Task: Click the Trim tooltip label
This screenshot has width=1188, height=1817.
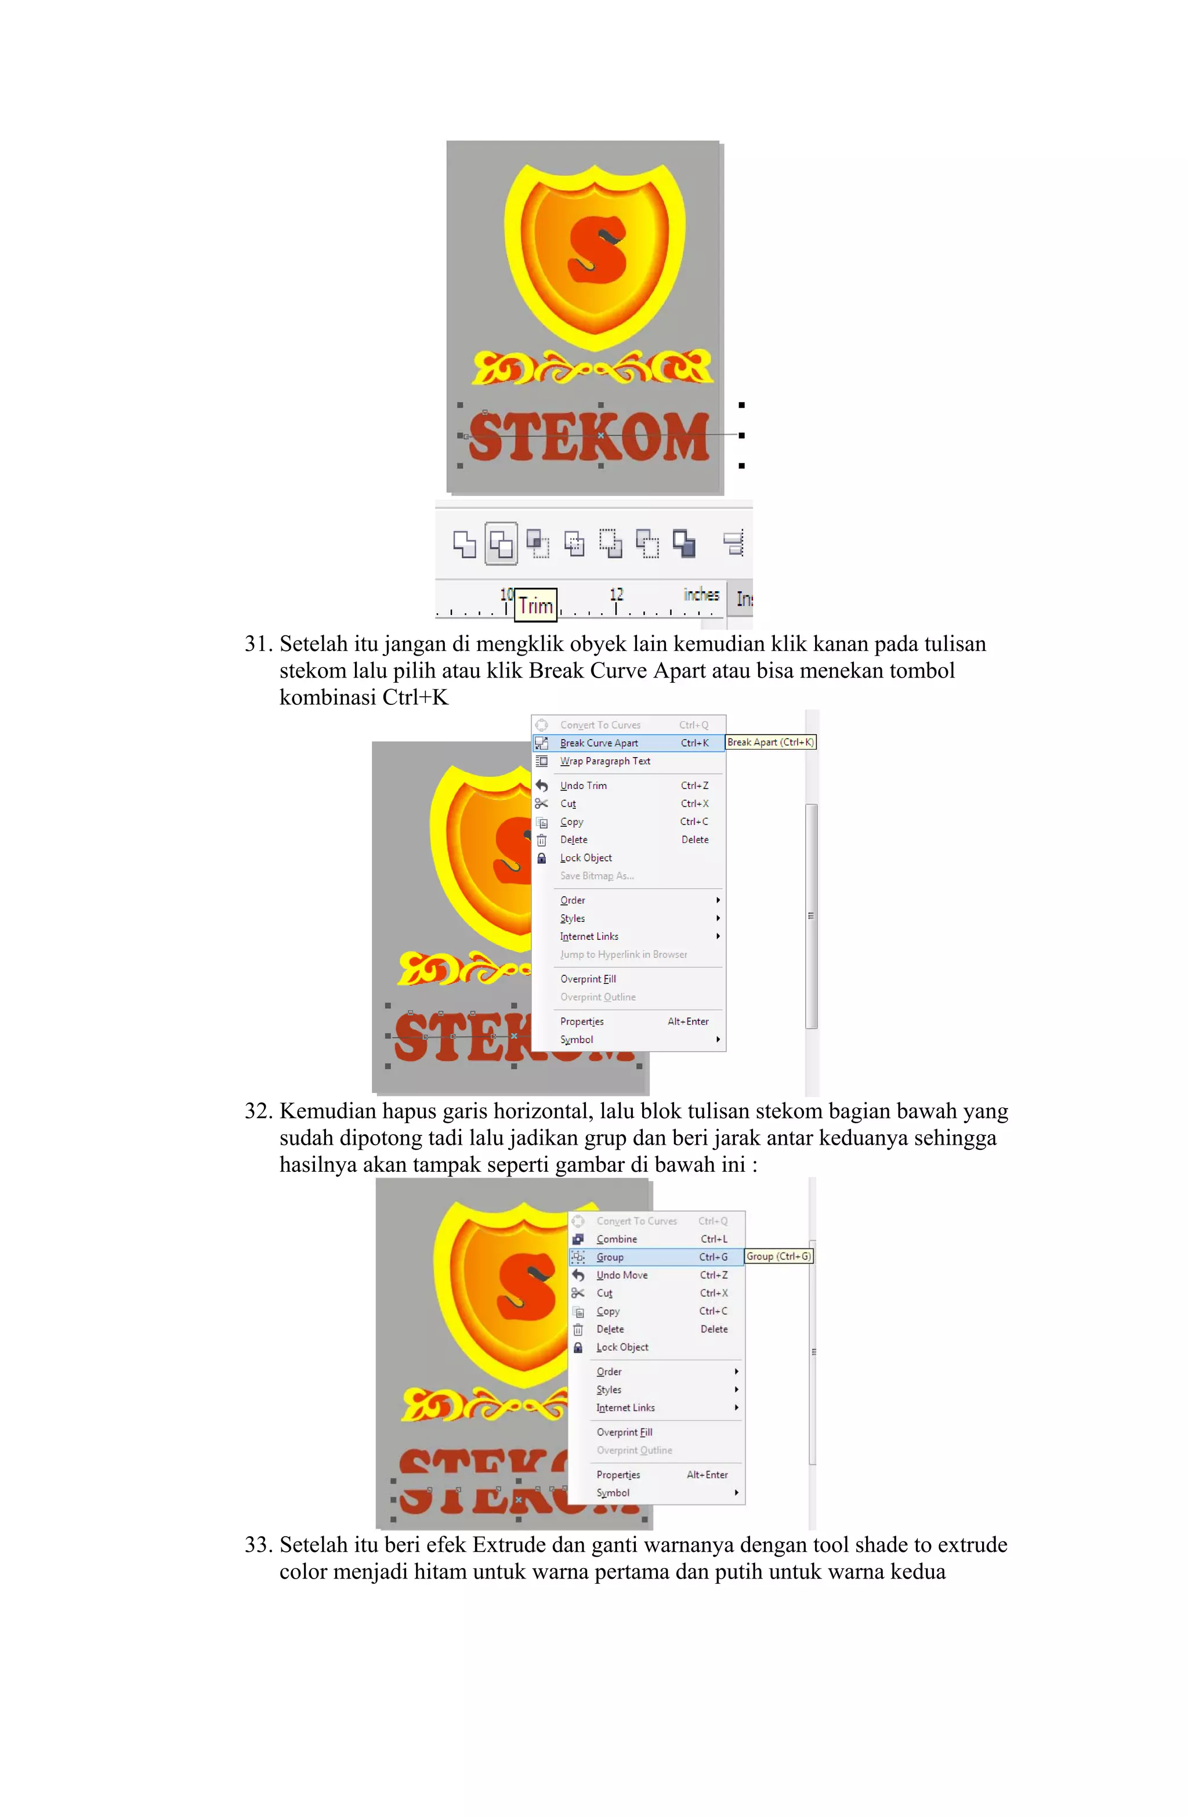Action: tap(535, 606)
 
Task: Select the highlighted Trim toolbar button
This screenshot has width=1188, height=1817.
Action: tap(501, 544)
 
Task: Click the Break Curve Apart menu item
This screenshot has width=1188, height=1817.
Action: tap(599, 743)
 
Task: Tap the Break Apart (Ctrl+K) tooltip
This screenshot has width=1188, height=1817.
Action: tap(770, 742)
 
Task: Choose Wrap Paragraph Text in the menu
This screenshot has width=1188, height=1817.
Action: tap(604, 761)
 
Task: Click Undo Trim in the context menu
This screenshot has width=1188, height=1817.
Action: tap(584, 786)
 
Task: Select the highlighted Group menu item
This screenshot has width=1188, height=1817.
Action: tap(610, 1257)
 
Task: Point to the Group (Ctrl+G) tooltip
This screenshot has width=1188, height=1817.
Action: tap(778, 1256)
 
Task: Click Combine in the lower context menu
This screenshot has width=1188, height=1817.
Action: tap(616, 1239)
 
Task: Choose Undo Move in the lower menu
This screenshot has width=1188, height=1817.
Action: tap(621, 1275)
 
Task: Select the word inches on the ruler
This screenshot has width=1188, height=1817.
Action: tap(701, 595)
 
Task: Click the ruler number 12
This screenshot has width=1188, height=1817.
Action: tap(616, 595)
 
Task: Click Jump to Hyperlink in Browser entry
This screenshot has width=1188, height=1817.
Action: tap(623, 954)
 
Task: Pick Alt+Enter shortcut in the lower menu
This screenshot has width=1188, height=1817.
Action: tap(707, 1475)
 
